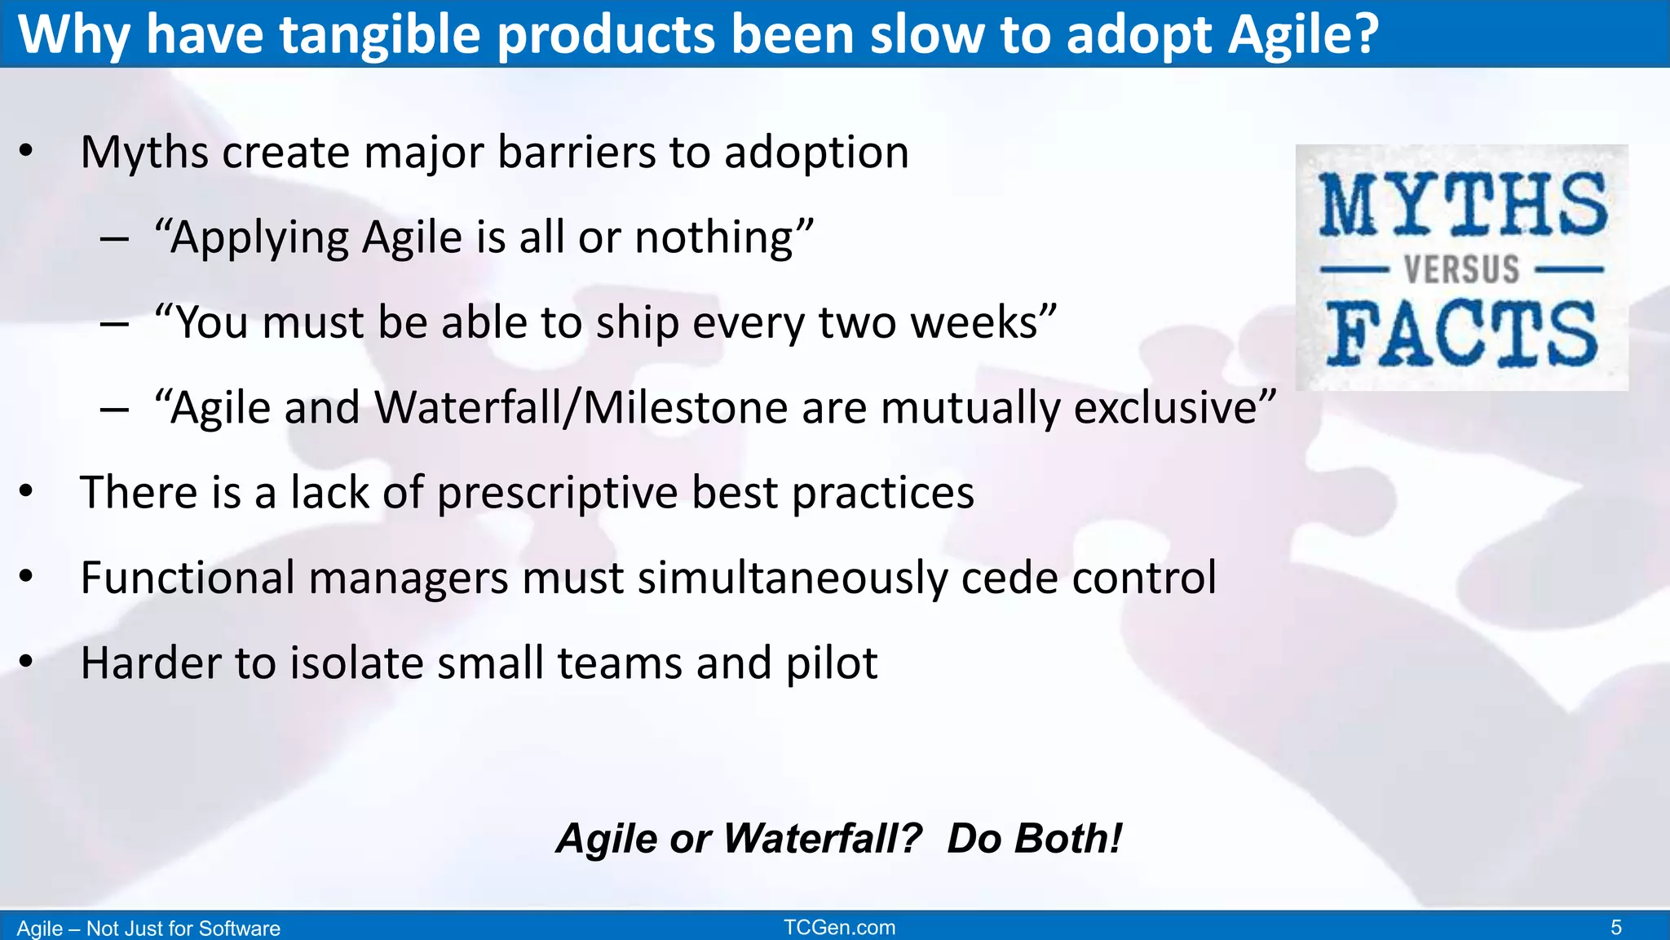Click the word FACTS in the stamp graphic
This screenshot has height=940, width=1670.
pyautogui.click(x=1461, y=333)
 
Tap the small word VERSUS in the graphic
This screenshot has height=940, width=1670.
pyautogui.click(x=1461, y=269)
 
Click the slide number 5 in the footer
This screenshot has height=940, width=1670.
pyautogui.click(x=1615, y=928)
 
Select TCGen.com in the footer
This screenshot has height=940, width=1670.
pyautogui.click(x=839, y=928)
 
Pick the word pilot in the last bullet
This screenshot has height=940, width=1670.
pyautogui.click(x=831, y=663)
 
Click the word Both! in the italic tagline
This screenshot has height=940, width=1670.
pyautogui.click(x=1034, y=839)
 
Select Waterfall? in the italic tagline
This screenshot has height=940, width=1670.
pyautogui.click(x=822, y=839)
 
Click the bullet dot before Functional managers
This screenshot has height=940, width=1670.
pyautogui.click(x=26, y=577)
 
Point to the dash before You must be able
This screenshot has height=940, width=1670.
pyautogui.click(x=114, y=324)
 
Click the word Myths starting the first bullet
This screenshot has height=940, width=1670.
pyautogui.click(x=144, y=153)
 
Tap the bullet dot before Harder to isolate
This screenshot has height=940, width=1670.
pyautogui.click(x=26, y=662)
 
